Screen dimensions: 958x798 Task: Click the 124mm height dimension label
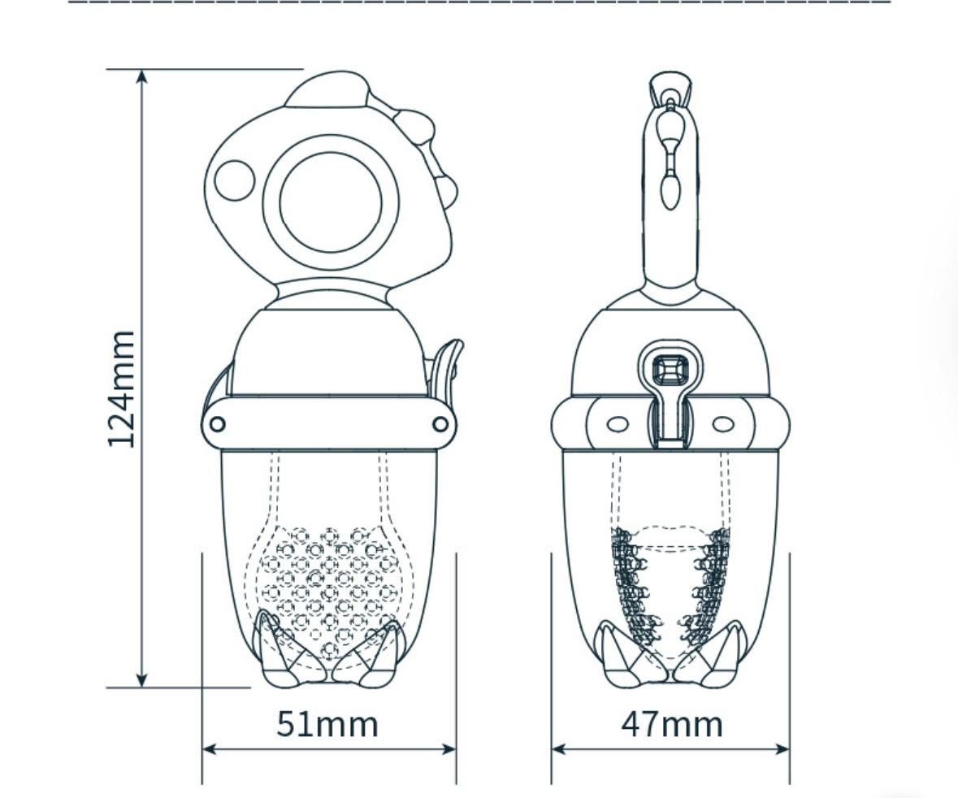121,389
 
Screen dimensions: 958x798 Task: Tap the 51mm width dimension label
327,724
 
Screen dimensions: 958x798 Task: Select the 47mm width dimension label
672,724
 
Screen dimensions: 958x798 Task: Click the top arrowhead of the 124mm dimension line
141,76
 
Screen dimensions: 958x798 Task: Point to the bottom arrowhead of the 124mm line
141,679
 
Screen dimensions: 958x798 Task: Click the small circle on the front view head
235,180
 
